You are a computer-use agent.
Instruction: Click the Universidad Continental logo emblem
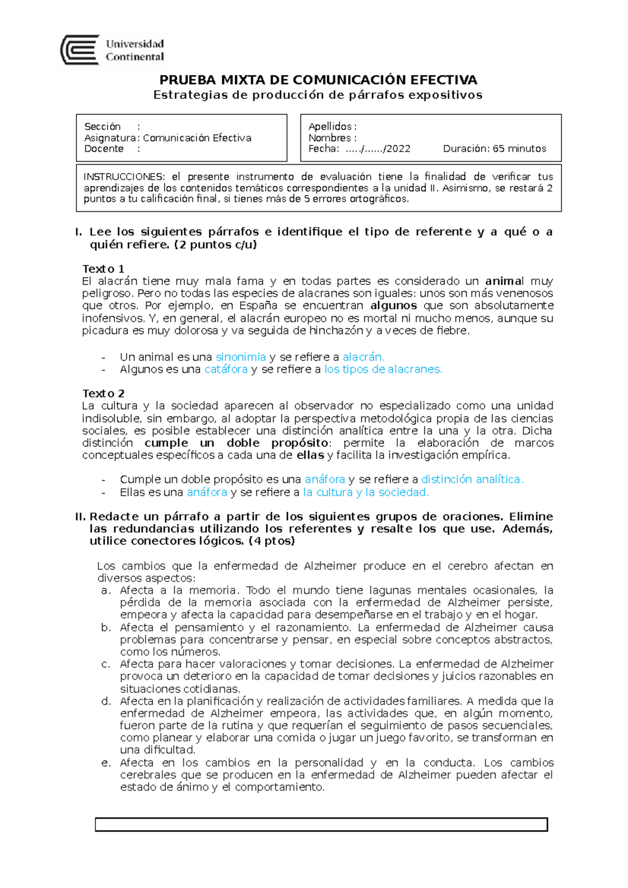pyautogui.click(x=80, y=50)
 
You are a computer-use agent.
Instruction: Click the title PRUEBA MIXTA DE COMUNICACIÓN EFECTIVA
pyautogui.click(x=318, y=80)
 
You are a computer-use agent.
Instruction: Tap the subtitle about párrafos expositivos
pyautogui.click(x=318, y=95)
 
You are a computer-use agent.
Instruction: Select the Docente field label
pyautogui.click(x=104, y=149)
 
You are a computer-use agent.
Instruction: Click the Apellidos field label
pyautogui.click(x=331, y=127)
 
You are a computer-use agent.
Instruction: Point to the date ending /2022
pyautogui.click(x=378, y=149)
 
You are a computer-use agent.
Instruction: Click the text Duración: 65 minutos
pyautogui.click(x=495, y=149)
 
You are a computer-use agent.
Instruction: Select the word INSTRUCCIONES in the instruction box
pyautogui.click(x=124, y=177)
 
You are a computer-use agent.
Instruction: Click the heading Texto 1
pyautogui.click(x=104, y=269)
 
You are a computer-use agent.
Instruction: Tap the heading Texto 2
pyautogui.click(x=104, y=393)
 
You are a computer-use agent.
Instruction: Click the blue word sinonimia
pyautogui.click(x=241, y=357)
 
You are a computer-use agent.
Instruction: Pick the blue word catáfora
pyautogui.click(x=226, y=369)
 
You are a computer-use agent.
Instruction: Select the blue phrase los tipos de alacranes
pyautogui.click(x=383, y=369)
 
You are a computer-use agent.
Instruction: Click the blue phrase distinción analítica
pyautogui.click(x=472, y=480)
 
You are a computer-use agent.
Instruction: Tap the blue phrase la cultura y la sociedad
pyautogui.click(x=366, y=492)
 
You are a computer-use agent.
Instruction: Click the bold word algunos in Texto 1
pyautogui.click(x=394, y=305)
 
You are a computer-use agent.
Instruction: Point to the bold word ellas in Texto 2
pyautogui.click(x=310, y=456)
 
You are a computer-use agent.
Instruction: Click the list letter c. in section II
pyautogui.click(x=106, y=664)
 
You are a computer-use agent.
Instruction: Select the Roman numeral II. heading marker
pyautogui.click(x=80, y=517)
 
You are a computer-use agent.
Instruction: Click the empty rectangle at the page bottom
pyautogui.click(x=321, y=825)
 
